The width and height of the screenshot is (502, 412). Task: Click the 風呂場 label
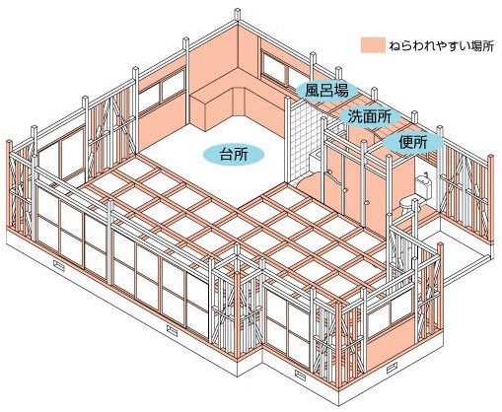pyautogui.click(x=326, y=90)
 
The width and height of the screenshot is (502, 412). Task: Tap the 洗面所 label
pyautogui.click(x=369, y=116)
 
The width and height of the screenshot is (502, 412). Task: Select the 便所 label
pyautogui.click(x=412, y=143)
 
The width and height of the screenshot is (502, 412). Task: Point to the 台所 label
pyautogui.click(x=234, y=154)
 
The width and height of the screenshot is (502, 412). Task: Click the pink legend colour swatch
pyautogui.click(x=373, y=45)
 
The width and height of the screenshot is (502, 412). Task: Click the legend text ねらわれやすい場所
pyautogui.click(x=442, y=45)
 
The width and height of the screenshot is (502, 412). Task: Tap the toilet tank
pyautogui.click(x=424, y=186)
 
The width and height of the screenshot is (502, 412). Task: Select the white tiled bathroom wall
pyautogui.click(x=304, y=140)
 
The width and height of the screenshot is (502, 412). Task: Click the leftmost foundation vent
pyautogui.click(x=58, y=263)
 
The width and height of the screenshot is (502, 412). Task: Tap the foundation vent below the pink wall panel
pyautogui.click(x=392, y=369)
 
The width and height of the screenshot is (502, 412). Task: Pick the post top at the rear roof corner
pyautogui.click(x=238, y=14)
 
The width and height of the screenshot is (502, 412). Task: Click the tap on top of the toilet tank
pyautogui.click(x=426, y=173)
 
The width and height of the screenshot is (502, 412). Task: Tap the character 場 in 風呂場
pyautogui.click(x=340, y=90)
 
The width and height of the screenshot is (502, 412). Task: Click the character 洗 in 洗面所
pyautogui.click(x=354, y=116)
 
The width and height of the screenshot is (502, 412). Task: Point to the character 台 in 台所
pyautogui.click(x=226, y=154)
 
